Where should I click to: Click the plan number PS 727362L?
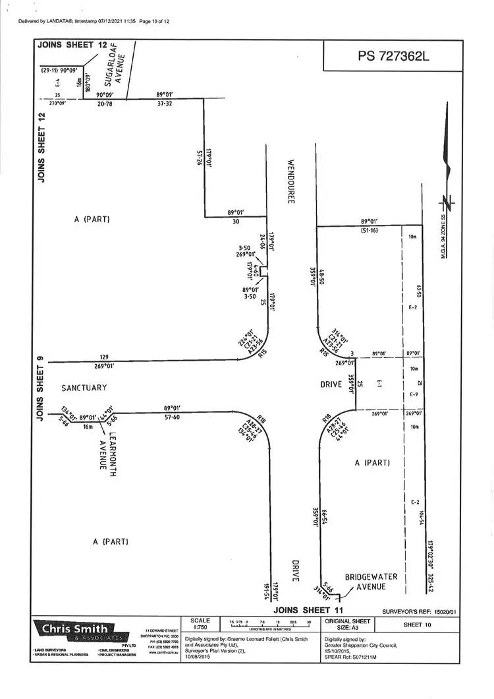393,56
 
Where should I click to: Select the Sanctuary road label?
84,388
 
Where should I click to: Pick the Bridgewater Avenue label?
371,582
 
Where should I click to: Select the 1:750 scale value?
200,628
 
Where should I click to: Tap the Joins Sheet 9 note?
41,388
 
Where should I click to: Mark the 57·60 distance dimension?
172,417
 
